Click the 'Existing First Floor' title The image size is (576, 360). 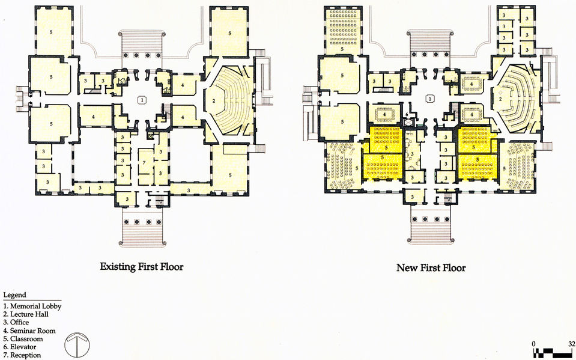pyautogui.click(x=141, y=266)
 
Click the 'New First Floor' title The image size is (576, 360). pyautogui.click(x=431, y=267)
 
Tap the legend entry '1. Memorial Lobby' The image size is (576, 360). pyautogui.click(x=32, y=306)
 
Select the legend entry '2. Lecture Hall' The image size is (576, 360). pyautogui.click(x=26, y=314)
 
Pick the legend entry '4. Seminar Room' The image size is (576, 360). pyautogui.click(x=29, y=331)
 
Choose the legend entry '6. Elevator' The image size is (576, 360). pyautogui.click(x=20, y=347)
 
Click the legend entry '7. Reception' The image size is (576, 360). pyautogui.click(x=22, y=355)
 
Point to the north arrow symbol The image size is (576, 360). pyautogui.click(x=77, y=344)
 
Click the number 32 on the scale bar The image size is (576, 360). pyautogui.click(x=571, y=344)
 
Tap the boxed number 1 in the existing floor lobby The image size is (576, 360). pyautogui.click(x=142, y=99)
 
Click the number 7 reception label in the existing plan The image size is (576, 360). pyautogui.click(x=144, y=162)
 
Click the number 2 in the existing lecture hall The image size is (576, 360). pyautogui.click(x=213, y=100)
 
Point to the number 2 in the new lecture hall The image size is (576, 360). pyautogui.click(x=500, y=99)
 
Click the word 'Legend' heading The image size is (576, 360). pyautogui.click(x=14, y=295)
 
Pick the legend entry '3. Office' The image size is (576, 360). pyautogui.click(x=16, y=322)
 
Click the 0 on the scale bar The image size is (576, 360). pyautogui.click(x=534, y=344)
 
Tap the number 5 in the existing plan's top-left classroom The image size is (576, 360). pyautogui.click(x=51, y=32)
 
